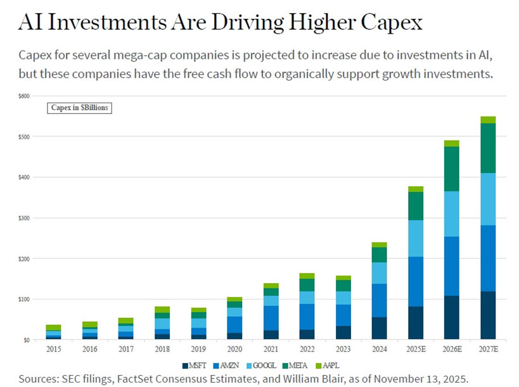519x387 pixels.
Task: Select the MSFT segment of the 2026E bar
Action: (x=451, y=317)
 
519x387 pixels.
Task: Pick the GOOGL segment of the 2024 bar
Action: (x=379, y=273)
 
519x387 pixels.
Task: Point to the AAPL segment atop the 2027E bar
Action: (x=487, y=120)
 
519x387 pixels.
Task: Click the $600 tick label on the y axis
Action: (x=23, y=96)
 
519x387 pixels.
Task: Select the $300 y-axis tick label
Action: (x=23, y=218)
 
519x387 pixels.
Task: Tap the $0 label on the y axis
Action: (x=26, y=339)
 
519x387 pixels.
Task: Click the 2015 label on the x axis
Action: (x=54, y=349)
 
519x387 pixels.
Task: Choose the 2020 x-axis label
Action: (x=234, y=349)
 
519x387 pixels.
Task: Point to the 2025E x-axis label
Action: (x=415, y=349)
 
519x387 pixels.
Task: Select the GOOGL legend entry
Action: (x=268, y=365)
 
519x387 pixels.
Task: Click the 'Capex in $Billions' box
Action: (x=79, y=108)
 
